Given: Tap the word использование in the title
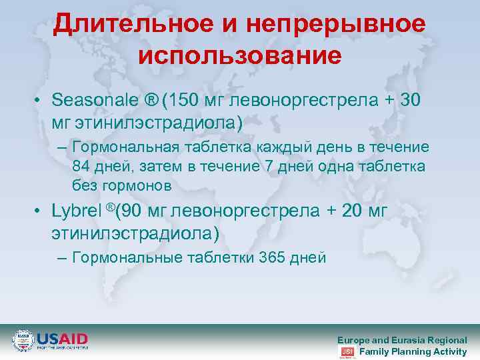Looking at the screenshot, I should tap(240, 55).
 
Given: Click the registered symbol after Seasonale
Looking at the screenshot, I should tap(152, 101).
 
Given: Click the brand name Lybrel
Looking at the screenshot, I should tap(75, 212).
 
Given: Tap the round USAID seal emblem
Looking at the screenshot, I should tap(23, 341).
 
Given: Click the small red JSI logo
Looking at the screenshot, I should tap(347, 351).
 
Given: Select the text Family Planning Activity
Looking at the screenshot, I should tap(413, 351).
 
